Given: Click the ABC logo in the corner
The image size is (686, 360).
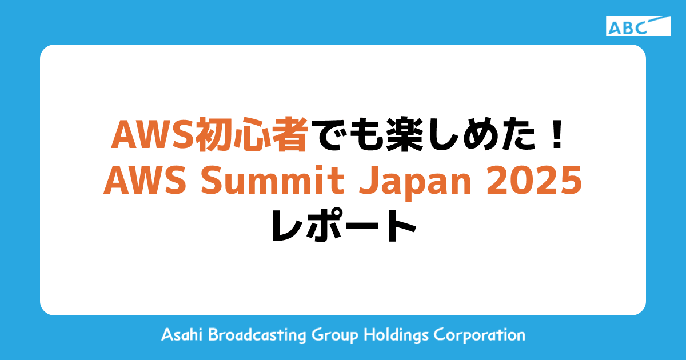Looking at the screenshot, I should click(639, 26).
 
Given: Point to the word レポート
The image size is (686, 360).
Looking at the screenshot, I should click(343, 227).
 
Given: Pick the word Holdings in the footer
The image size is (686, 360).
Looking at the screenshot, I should click(396, 335).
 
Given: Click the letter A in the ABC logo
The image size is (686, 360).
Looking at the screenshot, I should click(616, 27).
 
